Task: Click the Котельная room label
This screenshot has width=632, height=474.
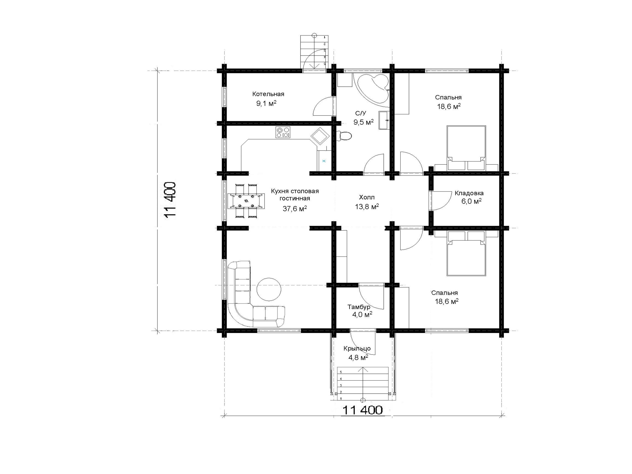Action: pyautogui.click(x=268, y=94)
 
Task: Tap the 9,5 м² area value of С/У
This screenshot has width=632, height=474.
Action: pyautogui.click(x=363, y=122)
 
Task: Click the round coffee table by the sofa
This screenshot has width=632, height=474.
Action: pyautogui.click(x=269, y=289)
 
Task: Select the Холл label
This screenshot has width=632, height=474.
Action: pyautogui.click(x=367, y=197)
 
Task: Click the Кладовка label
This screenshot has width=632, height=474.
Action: pyautogui.click(x=469, y=193)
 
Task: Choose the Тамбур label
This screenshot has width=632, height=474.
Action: pyautogui.click(x=359, y=307)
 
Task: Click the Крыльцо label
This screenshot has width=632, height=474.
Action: pyautogui.click(x=357, y=349)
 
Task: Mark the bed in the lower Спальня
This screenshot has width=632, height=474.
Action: pyautogui.click(x=466, y=253)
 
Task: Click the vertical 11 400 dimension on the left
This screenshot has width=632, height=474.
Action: pyautogui.click(x=170, y=201)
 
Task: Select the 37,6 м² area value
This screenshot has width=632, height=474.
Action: pyautogui.click(x=295, y=209)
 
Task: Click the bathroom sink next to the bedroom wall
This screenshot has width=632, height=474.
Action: pyautogui.click(x=384, y=120)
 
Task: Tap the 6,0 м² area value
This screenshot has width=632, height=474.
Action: pyautogui.click(x=471, y=201)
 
